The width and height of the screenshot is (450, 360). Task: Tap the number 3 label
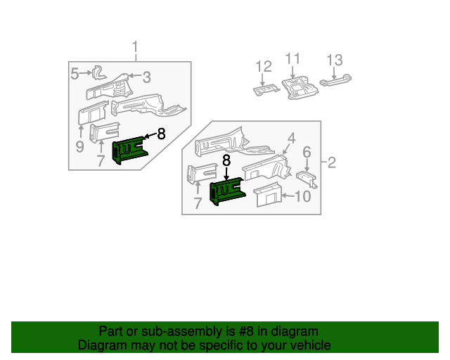[147, 77]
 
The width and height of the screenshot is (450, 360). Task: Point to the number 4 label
[291, 139]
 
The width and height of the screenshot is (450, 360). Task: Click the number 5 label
[75, 72]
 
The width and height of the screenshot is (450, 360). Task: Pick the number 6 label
[307, 153]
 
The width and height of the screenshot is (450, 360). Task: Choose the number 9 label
[79, 147]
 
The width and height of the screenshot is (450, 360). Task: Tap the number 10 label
[302, 196]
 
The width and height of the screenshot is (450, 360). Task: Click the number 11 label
[292, 59]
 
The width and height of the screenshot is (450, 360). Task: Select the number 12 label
[263, 67]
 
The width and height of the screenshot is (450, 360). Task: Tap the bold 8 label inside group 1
[161, 134]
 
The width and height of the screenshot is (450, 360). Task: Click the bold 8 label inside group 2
[226, 160]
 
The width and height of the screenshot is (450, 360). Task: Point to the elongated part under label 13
[336, 82]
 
